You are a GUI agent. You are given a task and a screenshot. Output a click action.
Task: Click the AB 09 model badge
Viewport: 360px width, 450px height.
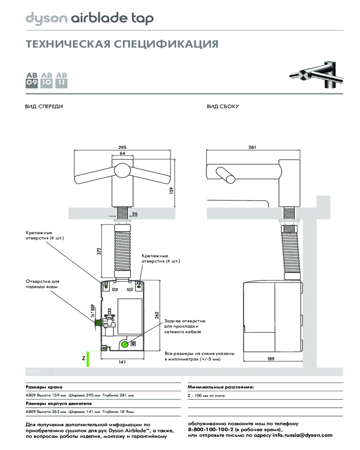[32, 79]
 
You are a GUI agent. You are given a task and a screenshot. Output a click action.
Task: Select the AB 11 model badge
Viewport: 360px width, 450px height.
[61, 79]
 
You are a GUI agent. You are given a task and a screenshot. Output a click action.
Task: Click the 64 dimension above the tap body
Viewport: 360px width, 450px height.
[123, 153]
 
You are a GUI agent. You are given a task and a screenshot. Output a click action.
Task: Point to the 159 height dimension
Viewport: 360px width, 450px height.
[171, 191]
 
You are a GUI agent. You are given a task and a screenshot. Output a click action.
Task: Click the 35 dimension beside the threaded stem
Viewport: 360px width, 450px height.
[135, 214]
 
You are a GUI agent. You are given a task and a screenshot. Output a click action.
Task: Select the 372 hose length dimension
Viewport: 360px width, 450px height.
[99, 251]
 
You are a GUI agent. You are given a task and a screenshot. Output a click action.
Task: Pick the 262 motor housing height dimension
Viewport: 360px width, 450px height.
[157, 315]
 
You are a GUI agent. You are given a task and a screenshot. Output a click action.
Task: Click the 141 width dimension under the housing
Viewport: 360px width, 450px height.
[121, 362]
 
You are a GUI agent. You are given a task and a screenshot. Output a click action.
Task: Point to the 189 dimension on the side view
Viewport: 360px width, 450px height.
[271, 359]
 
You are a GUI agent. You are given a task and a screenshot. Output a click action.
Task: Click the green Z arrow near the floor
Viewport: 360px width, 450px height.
[88, 359]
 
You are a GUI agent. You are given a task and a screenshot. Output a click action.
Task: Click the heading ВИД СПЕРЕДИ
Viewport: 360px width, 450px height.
[43, 107]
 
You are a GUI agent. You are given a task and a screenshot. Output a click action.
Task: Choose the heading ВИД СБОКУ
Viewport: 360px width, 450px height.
[222, 107]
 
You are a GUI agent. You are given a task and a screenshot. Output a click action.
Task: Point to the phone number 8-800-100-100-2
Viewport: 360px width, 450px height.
[211, 430]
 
